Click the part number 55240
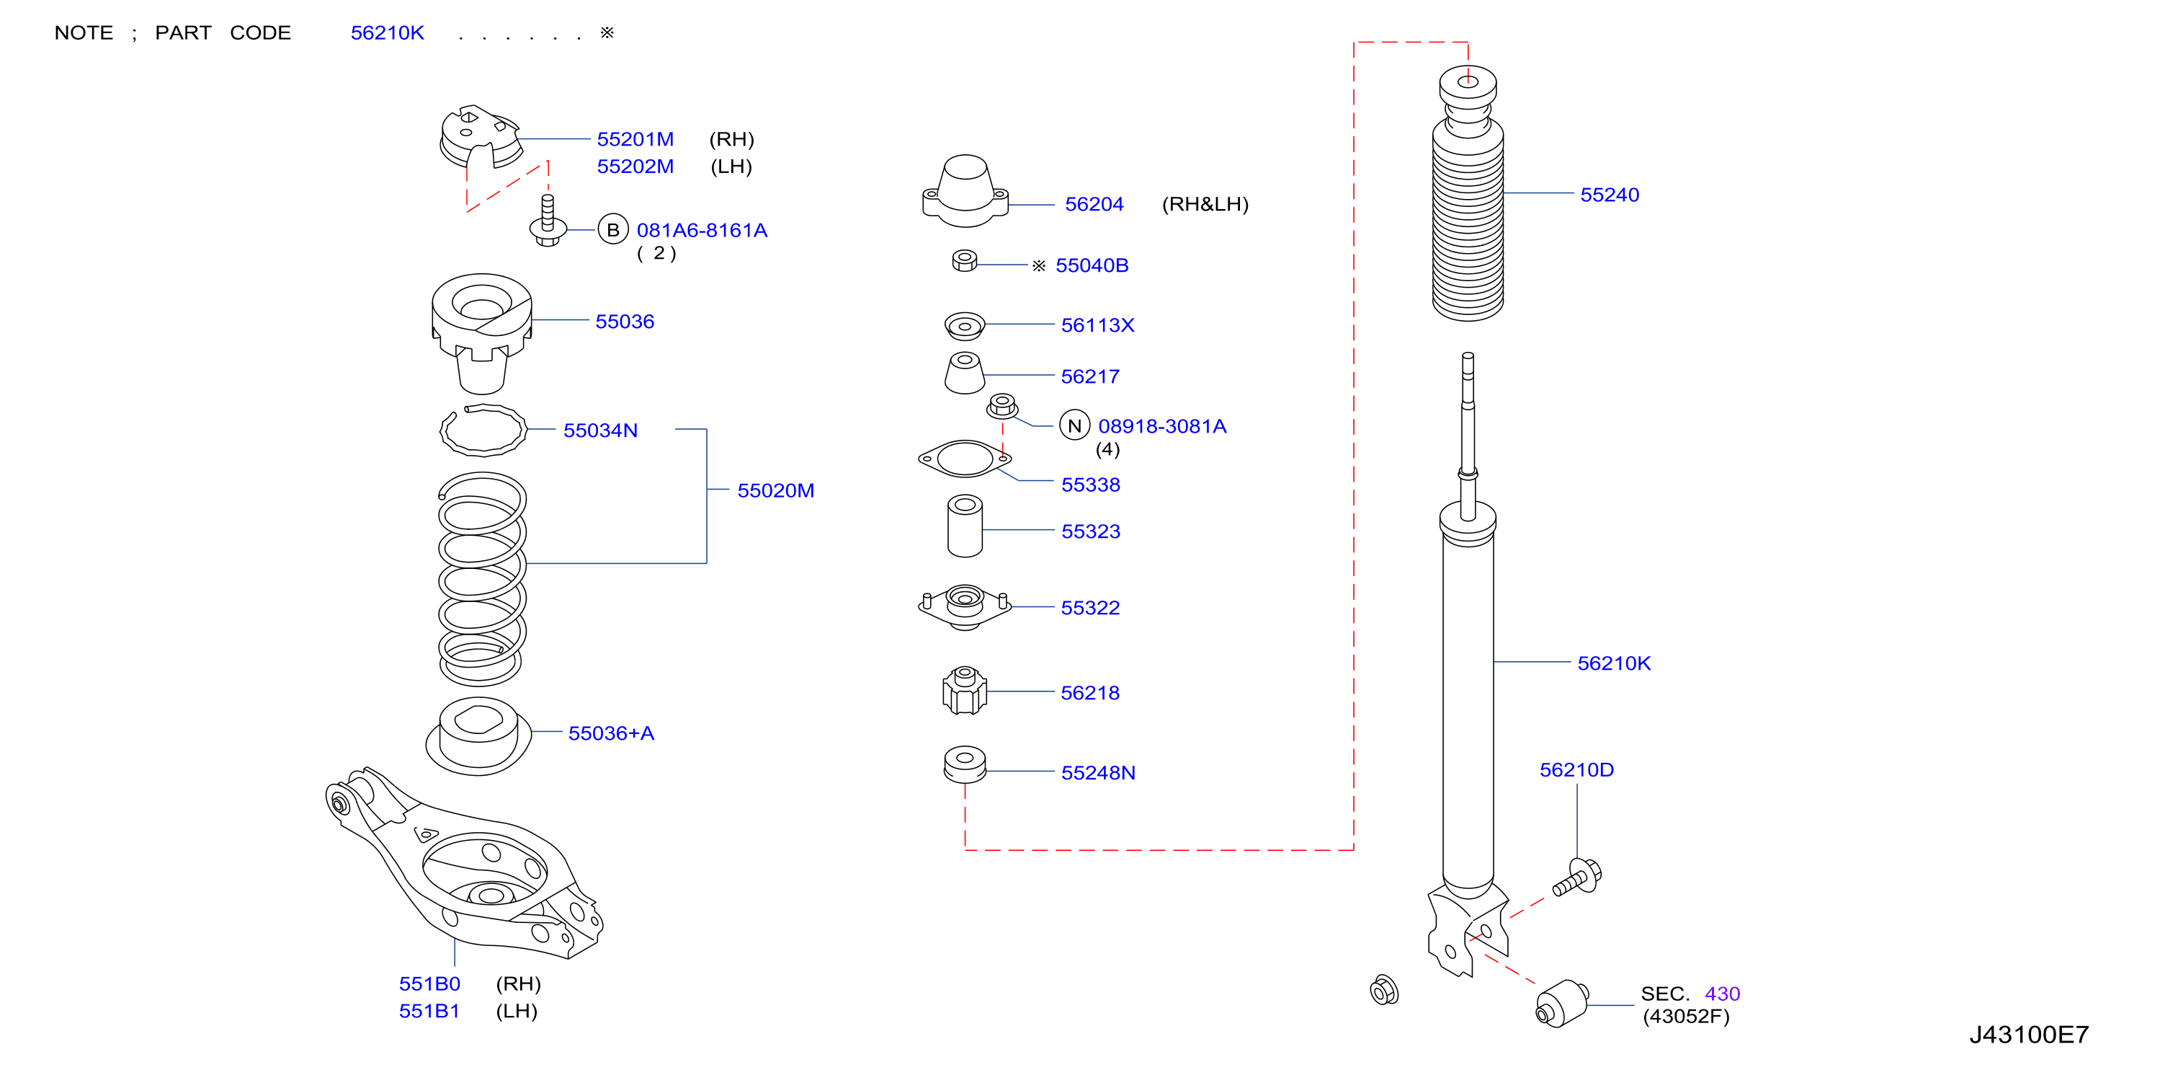(x=1609, y=195)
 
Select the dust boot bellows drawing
(x=1468, y=194)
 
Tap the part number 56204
(x=1094, y=204)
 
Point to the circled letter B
(x=613, y=229)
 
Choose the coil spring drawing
(x=482, y=579)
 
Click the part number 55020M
(x=775, y=490)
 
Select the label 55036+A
(x=611, y=733)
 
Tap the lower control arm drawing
(x=463, y=862)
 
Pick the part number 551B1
(x=429, y=1011)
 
